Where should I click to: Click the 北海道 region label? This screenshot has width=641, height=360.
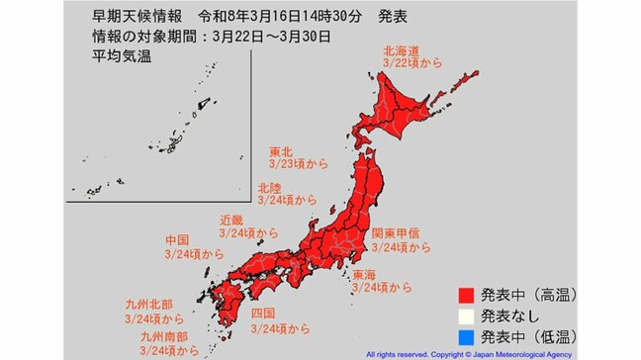400,48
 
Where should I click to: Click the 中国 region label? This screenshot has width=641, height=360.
178,240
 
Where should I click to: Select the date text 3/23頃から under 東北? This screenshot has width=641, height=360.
298,167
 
